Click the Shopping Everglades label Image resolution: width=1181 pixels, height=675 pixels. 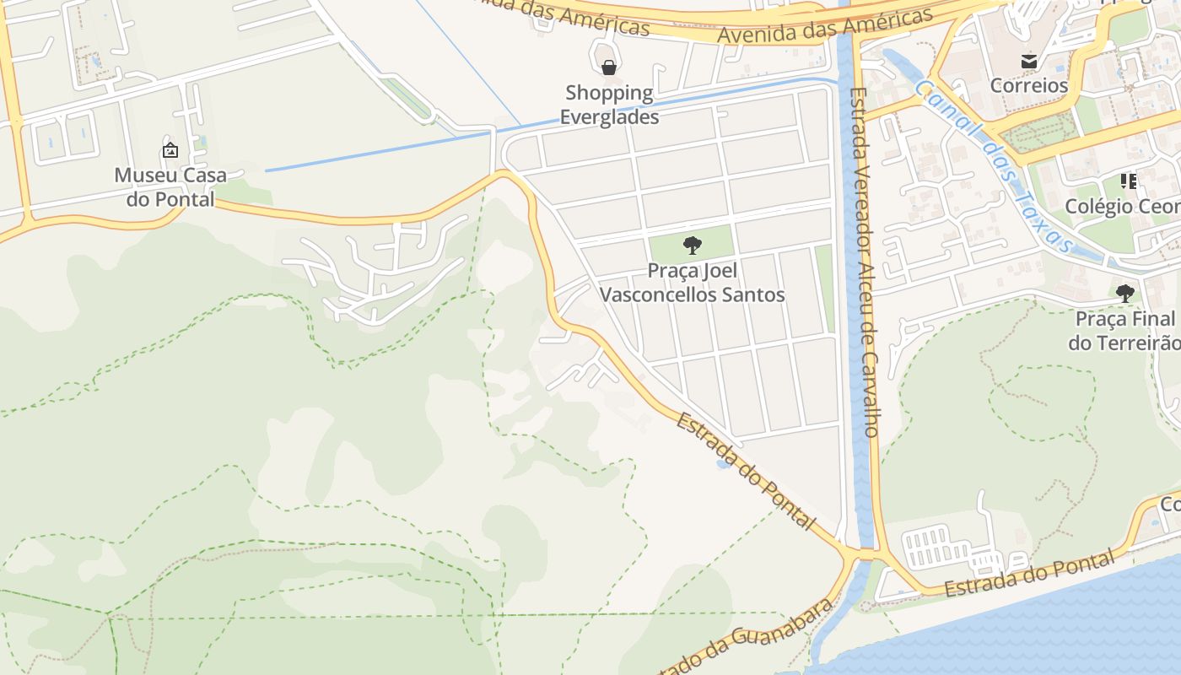(x=609, y=105)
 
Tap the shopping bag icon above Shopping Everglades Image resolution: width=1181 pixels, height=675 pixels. (x=608, y=67)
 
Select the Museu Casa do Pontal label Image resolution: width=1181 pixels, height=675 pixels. (x=170, y=186)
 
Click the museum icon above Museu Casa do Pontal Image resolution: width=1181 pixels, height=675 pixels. (x=170, y=151)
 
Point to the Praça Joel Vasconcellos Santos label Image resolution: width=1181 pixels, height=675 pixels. (x=692, y=283)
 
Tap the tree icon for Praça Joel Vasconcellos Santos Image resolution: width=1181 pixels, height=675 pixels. (x=692, y=246)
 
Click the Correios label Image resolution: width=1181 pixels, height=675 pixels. (x=1028, y=85)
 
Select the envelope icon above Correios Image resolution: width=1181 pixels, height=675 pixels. (x=1028, y=61)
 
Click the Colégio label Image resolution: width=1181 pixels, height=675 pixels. (x=1121, y=206)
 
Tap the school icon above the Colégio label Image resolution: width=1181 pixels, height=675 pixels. (x=1129, y=181)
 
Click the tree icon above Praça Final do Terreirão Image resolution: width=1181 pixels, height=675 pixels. (x=1124, y=294)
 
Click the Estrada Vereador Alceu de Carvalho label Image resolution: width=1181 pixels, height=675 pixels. (x=866, y=262)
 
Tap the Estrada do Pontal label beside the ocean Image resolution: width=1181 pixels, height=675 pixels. (x=1029, y=575)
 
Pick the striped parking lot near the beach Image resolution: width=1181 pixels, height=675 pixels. (x=936, y=546)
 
